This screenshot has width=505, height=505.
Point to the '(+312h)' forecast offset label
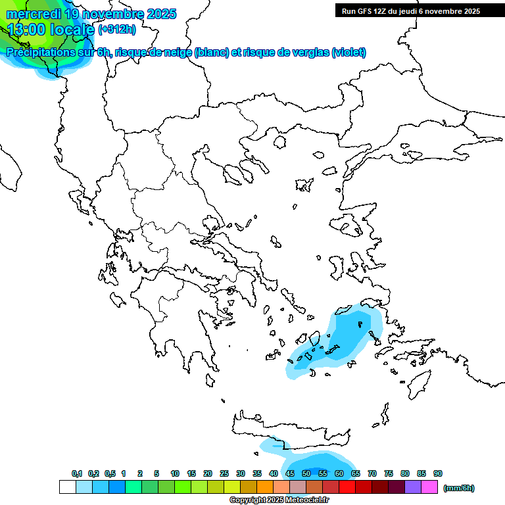click(x=117, y=29)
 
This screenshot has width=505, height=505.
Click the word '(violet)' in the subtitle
click(x=349, y=53)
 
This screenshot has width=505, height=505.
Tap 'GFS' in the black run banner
click(x=363, y=11)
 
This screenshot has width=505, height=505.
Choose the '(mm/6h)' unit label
click(x=459, y=488)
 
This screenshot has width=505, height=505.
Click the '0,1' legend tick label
click(x=76, y=473)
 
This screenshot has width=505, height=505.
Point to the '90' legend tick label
click(x=438, y=473)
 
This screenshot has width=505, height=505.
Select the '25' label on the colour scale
click(x=224, y=473)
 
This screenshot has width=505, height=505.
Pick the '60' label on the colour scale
click(x=339, y=473)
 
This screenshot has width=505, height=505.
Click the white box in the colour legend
click(x=67, y=487)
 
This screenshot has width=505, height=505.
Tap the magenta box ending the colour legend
click(x=429, y=487)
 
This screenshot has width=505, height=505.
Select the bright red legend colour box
click(x=347, y=487)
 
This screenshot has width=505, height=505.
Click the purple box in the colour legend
click(x=413, y=487)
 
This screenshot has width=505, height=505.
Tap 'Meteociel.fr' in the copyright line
click(x=307, y=500)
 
